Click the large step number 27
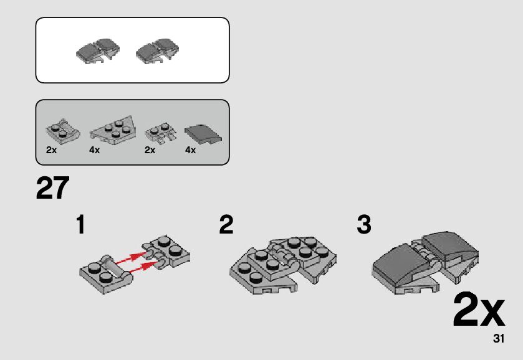click(x=52, y=188)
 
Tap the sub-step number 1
click(x=80, y=224)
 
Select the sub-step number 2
click(x=226, y=224)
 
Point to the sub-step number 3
click(x=364, y=224)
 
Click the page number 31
click(x=499, y=338)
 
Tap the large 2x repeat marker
click(x=479, y=310)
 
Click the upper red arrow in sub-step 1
click(x=130, y=258)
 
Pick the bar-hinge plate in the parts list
click(x=63, y=131)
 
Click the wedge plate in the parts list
click(x=112, y=131)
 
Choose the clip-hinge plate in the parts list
click(x=160, y=133)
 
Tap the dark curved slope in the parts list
click(x=203, y=135)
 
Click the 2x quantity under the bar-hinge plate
click(x=51, y=150)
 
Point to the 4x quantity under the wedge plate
click(x=94, y=150)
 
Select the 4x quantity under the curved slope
click(x=191, y=150)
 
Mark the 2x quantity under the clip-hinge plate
click(x=150, y=150)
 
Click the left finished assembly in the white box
click(x=98, y=51)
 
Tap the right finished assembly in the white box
click(x=158, y=51)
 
